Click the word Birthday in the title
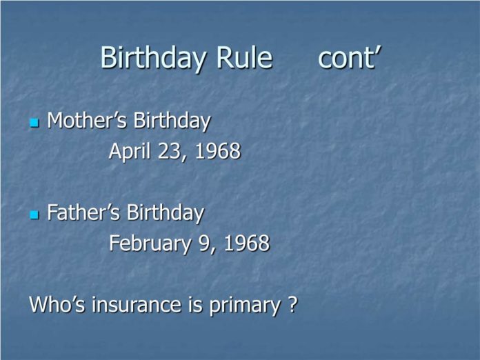153,59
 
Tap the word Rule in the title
244,57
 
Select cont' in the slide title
350,57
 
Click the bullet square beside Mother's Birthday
34,123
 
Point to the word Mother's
87,120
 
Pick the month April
130,151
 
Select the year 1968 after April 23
218,151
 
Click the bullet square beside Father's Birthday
34,215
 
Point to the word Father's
83,212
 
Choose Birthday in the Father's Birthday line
165,213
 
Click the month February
150,244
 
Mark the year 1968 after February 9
247,243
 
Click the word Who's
57,304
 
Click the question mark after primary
292,304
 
